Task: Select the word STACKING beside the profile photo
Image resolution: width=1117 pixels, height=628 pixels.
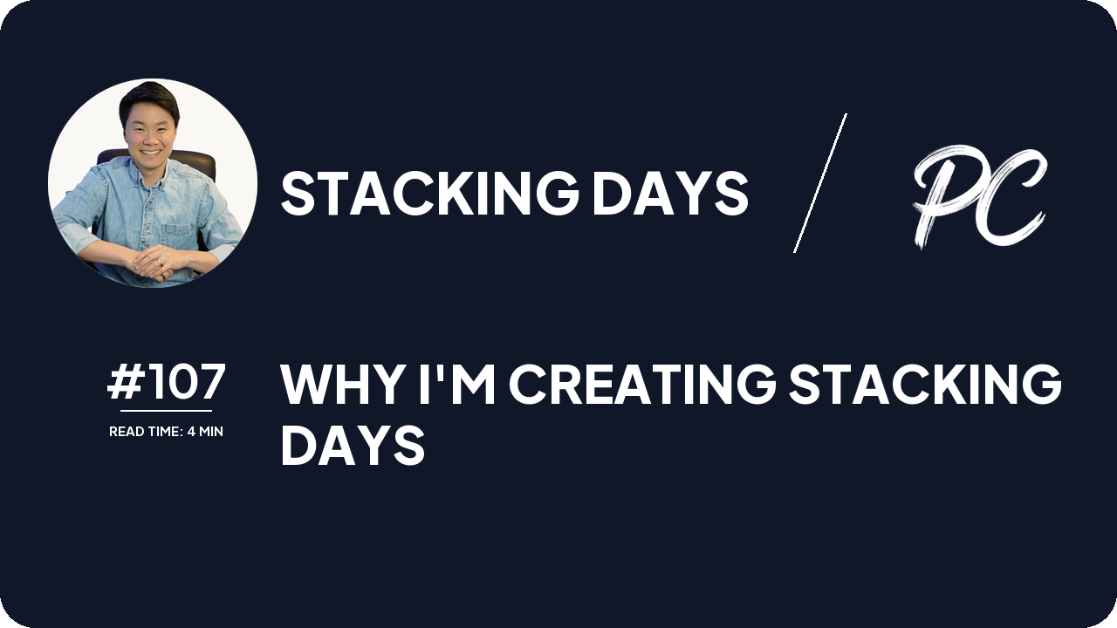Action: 428,193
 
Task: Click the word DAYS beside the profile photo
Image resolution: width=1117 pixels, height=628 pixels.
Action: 669,193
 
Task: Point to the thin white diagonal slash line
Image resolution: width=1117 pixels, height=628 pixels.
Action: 819,183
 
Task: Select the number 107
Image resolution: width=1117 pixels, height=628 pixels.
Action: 184,382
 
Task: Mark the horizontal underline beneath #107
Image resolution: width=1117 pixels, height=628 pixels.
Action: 166,410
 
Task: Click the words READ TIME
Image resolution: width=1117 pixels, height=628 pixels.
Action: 145,432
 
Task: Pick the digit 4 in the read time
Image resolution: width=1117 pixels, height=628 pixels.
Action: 191,432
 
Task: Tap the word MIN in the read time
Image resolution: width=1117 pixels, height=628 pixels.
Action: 211,432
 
